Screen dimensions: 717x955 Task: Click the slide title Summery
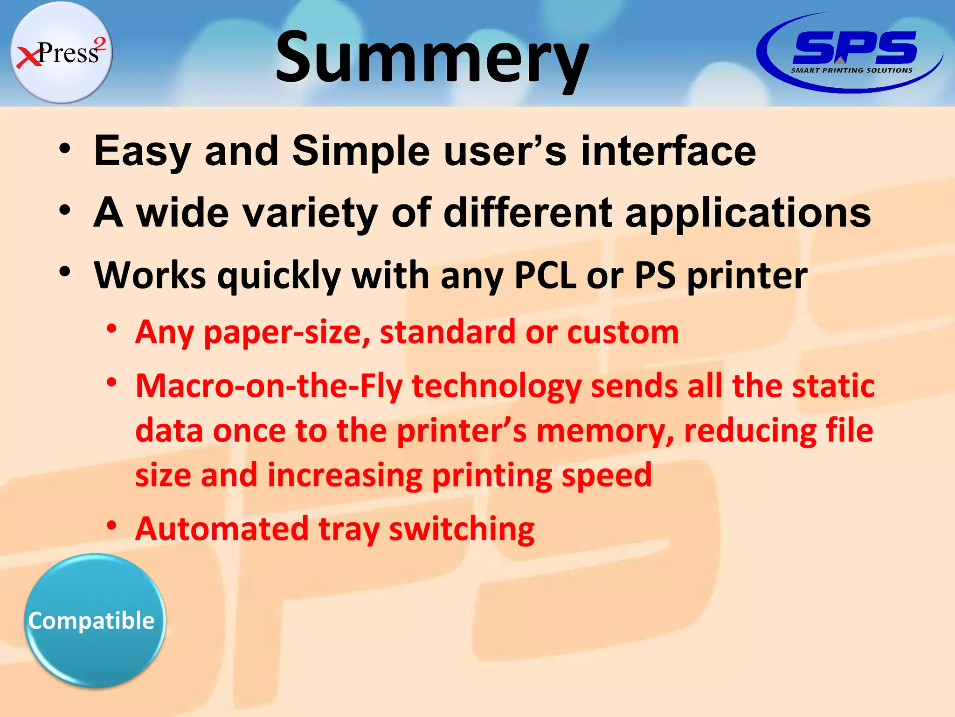click(x=432, y=58)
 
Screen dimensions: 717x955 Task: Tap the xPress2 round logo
click(x=61, y=52)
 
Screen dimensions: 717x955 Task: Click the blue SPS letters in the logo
click(x=854, y=47)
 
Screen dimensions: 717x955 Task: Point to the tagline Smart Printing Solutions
click(x=851, y=70)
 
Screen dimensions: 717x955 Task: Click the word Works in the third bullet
click(x=150, y=275)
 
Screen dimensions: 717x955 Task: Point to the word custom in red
click(x=623, y=332)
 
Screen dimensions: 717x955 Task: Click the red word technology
click(x=497, y=387)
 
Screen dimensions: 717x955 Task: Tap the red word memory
click(x=604, y=431)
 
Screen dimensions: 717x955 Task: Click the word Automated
click(x=222, y=529)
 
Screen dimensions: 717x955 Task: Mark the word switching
click(x=462, y=530)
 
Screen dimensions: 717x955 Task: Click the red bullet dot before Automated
click(x=111, y=526)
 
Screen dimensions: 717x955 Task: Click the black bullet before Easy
click(x=65, y=149)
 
